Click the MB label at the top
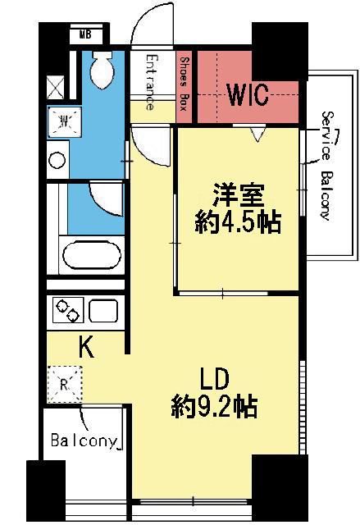(84, 34)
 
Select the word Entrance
(151, 82)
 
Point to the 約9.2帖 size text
(216, 404)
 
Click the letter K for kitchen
(85, 348)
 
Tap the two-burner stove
(67, 312)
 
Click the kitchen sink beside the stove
(103, 312)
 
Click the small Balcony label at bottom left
(85, 441)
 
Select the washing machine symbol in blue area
(61, 122)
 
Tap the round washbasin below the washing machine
(58, 160)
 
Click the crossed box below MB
(57, 86)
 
